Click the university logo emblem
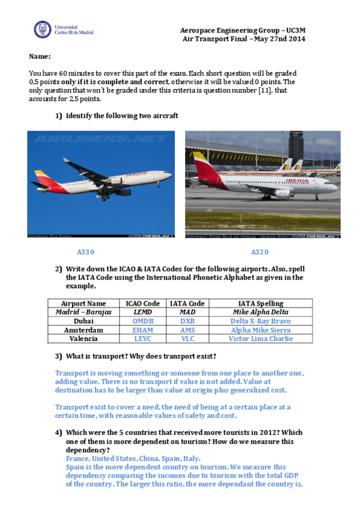[x=43, y=29]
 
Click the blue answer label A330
[x=86, y=252]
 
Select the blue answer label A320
[x=260, y=252]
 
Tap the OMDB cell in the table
[x=143, y=321]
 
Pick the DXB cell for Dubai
[x=188, y=321]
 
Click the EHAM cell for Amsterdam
[x=143, y=330]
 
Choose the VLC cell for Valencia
[x=188, y=339]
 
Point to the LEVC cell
[x=143, y=339]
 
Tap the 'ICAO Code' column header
[x=143, y=304]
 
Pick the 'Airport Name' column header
[x=84, y=304]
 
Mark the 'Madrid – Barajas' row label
[x=84, y=312]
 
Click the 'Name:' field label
[x=40, y=57]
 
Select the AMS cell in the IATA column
[x=188, y=330]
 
